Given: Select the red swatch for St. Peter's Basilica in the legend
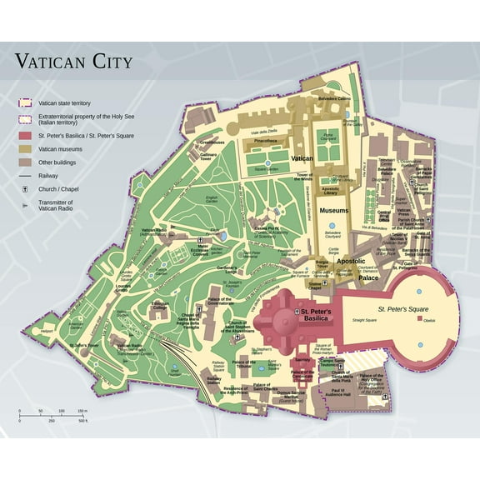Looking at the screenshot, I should coord(26,136).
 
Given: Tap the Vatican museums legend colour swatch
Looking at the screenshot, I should coord(26,148).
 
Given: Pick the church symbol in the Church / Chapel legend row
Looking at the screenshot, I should coord(26,189).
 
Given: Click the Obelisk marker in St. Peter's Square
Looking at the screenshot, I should coord(420,319).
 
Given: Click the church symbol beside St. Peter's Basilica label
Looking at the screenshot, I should coord(297,312).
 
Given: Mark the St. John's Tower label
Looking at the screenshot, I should coord(84,344).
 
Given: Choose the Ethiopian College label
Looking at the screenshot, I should coord(160,305).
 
